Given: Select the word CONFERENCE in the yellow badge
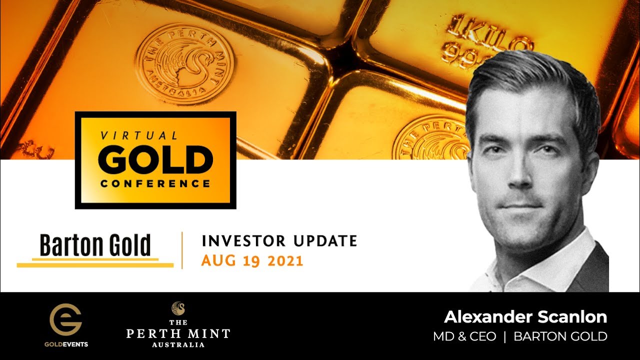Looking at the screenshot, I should tap(155, 183).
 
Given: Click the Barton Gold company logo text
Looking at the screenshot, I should tap(95, 245).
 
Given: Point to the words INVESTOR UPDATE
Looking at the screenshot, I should tap(279, 241).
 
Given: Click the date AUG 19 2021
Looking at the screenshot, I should tap(252, 261).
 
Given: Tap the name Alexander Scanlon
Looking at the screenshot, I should tap(525, 316).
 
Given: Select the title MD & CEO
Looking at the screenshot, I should tap(464, 336).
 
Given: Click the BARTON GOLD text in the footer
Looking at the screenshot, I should tap(560, 336).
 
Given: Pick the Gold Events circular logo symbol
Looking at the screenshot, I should tap(65, 320).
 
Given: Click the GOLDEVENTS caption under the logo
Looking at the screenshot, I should tap(65, 344).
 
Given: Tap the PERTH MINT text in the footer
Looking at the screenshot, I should tap(178, 333).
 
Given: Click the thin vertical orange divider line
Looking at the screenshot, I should tap(182, 250).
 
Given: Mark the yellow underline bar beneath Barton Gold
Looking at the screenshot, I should tap(95, 264).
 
